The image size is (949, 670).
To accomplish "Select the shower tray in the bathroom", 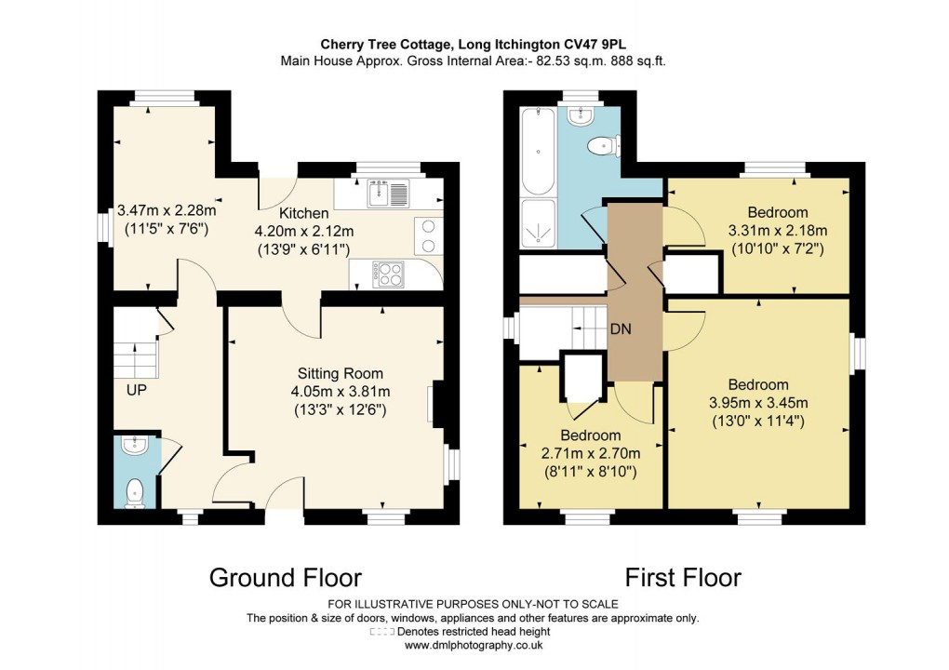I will [539, 224].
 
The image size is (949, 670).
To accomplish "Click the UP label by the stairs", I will [137, 390].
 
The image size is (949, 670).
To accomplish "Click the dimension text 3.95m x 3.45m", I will [758, 403].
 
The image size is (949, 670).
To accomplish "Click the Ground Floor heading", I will [285, 577].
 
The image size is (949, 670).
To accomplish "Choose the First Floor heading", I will [682, 577].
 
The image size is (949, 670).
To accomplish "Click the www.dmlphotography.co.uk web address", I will [474, 644].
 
